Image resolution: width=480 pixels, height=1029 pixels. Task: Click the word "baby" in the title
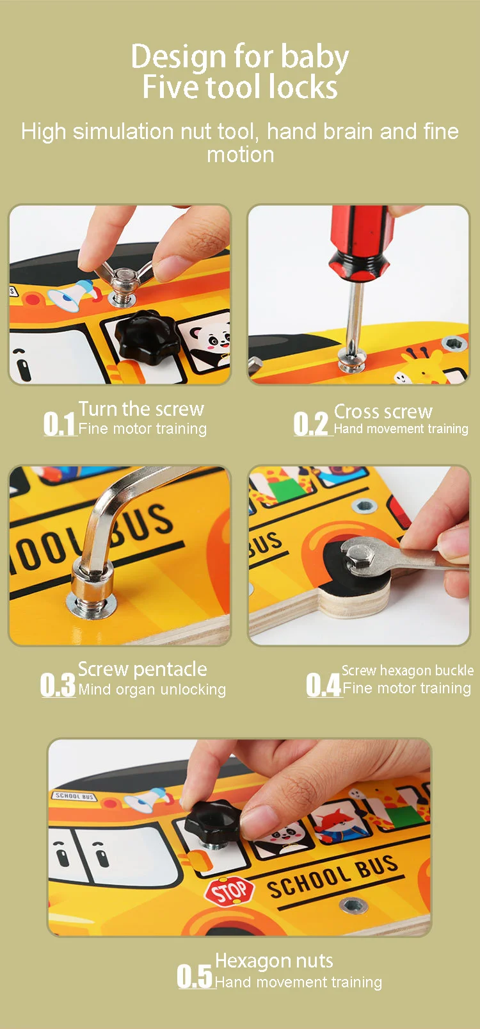pos(314,58)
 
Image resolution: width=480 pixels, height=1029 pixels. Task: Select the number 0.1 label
pos(59,424)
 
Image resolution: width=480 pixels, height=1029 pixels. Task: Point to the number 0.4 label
pos(323,685)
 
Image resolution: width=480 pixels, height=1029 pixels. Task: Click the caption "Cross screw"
pos(383,411)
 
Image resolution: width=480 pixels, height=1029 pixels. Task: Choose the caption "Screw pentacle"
pos(142,670)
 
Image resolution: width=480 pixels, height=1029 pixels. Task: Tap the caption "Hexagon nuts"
pos(274,960)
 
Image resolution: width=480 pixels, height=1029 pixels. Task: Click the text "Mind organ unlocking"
pos(152,689)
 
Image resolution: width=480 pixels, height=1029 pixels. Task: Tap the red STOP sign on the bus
pos(230,891)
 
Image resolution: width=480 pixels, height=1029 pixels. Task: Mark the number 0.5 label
pos(195,976)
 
